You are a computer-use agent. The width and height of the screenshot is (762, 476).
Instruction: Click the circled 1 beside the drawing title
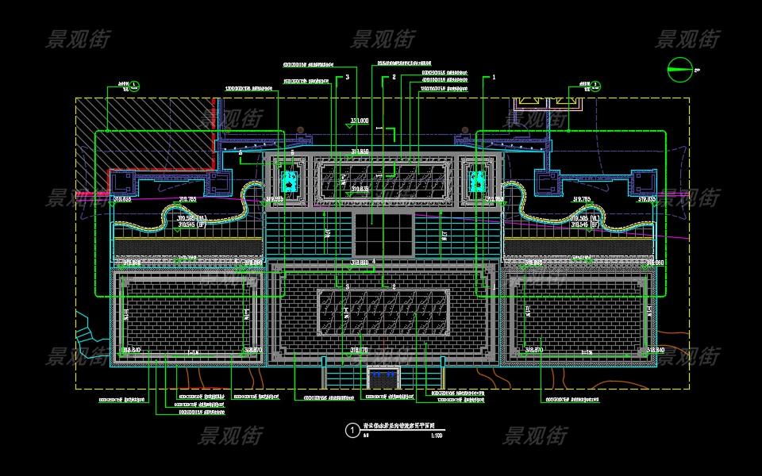click(352, 430)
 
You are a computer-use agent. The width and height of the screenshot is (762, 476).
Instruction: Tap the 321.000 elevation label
click(360, 120)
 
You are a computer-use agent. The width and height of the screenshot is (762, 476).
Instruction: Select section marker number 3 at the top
click(347, 78)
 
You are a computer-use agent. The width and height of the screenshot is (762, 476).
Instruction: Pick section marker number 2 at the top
click(394, 78)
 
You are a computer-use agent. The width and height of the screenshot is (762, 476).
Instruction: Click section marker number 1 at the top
click(494, 78)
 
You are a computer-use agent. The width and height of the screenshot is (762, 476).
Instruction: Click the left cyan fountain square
click(290, 180)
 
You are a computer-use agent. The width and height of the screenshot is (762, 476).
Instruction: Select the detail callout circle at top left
click(136, 85)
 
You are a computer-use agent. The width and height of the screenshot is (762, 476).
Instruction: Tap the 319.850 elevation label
click(360, 151)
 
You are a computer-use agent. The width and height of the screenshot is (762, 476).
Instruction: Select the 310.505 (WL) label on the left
click(190, 217)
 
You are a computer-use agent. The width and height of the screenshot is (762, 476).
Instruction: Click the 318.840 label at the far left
click(131, 350)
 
